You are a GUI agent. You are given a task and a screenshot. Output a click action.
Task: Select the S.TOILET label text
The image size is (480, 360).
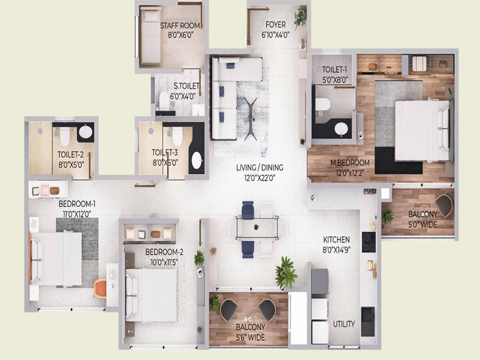182,91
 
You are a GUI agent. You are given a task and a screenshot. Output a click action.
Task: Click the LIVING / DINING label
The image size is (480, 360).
259,172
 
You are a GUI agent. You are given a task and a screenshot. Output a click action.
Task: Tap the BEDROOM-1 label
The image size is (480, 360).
78,208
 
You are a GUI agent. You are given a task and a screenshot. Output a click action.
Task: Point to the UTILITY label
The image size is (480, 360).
344,324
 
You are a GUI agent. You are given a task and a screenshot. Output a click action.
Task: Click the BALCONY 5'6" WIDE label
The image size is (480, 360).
248,332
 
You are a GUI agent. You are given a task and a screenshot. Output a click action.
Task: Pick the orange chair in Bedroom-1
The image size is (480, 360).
100,289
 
